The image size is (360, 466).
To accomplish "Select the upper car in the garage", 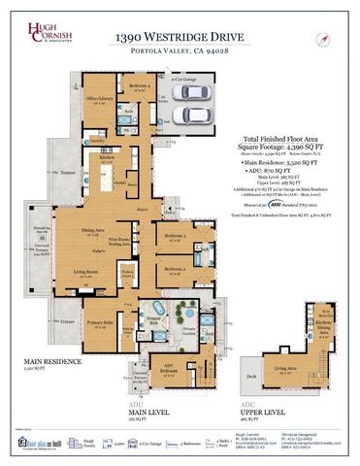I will [x=193, y=92].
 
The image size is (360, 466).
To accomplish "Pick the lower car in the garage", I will [x=193, y=114].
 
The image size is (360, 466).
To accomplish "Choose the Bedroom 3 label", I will [x=177, y=236].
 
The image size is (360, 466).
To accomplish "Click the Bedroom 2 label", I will [x=176, y=268].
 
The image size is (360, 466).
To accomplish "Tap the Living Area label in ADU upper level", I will [x=287, y=368].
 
